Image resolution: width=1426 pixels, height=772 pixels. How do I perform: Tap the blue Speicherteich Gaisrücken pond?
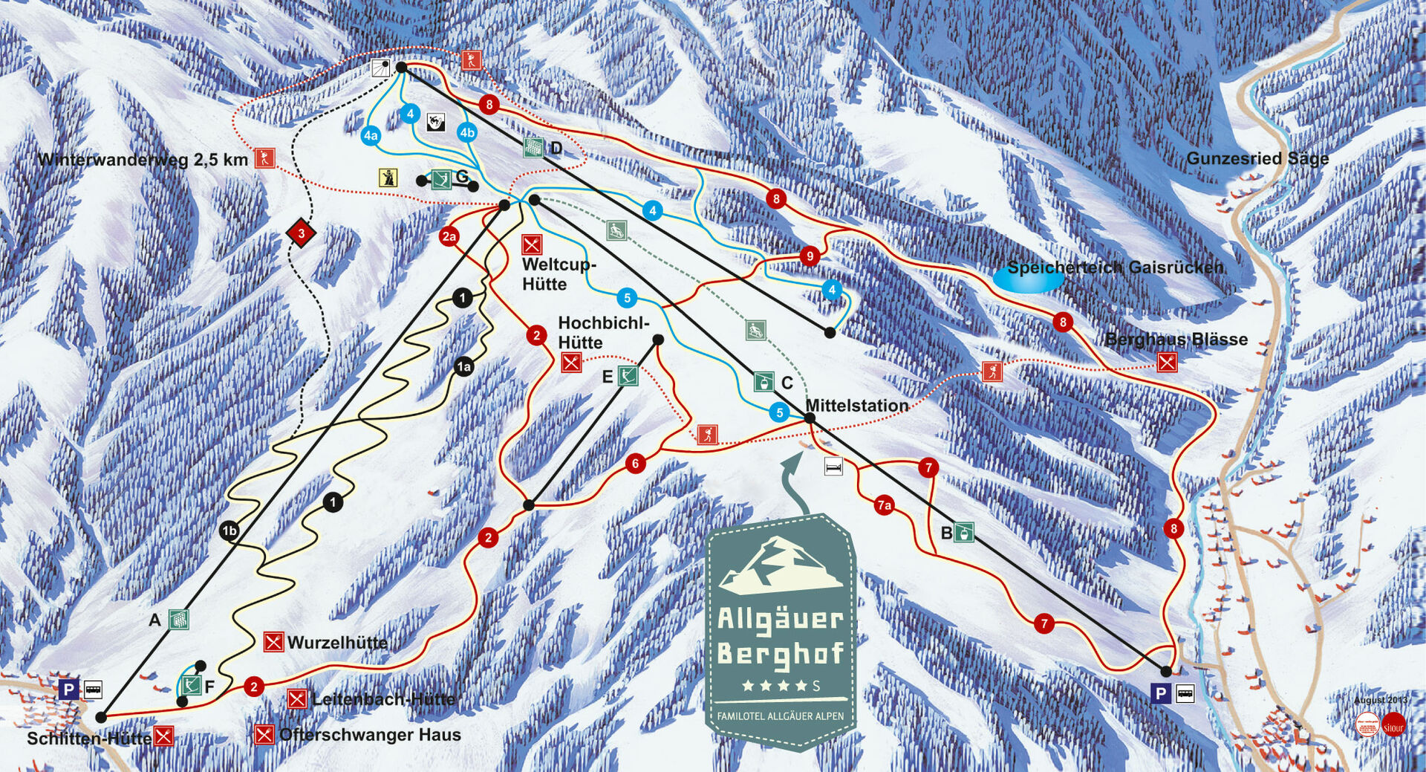[x=1028, y=277]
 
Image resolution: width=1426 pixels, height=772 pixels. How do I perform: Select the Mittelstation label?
[x=856, y=406]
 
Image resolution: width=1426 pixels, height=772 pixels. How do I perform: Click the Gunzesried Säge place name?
[x=1257, y=158]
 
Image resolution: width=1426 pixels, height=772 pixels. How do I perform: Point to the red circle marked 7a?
[x=883, y=506]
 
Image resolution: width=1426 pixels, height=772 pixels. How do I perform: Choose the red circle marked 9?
[x=810, y=256]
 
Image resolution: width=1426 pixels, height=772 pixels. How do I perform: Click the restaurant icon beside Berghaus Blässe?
[x=1167, y=362]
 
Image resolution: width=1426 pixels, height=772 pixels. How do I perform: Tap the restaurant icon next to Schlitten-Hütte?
[x=163, y=736]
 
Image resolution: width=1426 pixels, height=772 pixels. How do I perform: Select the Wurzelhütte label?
[x=337, y=642]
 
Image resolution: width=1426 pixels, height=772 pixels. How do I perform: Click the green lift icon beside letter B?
[x=964, y=532]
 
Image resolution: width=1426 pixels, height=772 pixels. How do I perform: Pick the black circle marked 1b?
[x=229, y=531]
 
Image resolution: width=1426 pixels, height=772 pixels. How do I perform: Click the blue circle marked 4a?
[x=371, y=136]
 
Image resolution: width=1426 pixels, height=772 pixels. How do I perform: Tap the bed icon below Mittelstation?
[x=834, y=467]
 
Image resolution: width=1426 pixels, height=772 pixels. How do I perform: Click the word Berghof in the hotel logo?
[x=781, y=653]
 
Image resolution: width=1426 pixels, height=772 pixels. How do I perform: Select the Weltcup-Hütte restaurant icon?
[x=532, y=244]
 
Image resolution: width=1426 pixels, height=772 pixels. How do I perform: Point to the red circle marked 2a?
[x=449, y=237]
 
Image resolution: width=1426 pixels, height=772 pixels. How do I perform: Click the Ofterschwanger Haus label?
[x=370, y=735]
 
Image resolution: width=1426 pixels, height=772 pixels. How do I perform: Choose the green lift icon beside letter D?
[x=533, y=146]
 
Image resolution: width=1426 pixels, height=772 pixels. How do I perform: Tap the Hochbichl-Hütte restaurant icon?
[x=570, y=363]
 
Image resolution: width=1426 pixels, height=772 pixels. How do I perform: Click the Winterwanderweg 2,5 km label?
[x=143, y=160]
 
